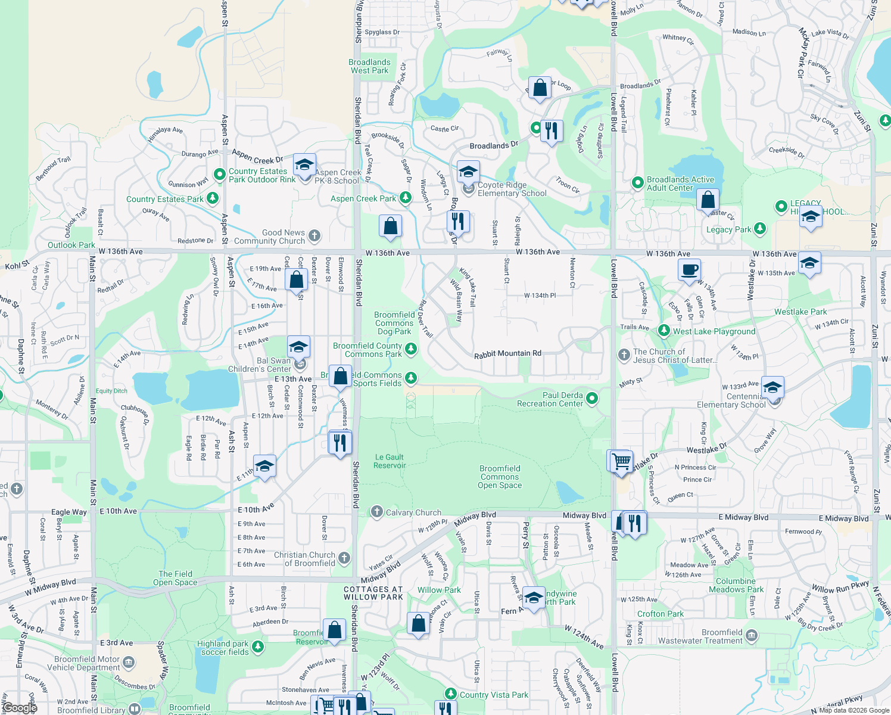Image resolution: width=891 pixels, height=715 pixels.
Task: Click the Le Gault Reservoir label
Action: (x=390, y=461)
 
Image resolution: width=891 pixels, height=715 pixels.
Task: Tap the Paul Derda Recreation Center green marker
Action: (x=591, y=398)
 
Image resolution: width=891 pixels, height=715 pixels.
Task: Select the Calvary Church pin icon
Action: (x=376, y=512)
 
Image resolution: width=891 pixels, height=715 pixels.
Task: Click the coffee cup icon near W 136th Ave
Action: (x=689, y=269)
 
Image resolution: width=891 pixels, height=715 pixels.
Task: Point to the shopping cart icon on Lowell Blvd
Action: (x=620, y=461)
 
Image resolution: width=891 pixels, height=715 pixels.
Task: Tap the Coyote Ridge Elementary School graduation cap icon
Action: (x=468, y=172)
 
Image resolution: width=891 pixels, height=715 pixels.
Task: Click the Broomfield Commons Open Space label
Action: (x=500, y=477)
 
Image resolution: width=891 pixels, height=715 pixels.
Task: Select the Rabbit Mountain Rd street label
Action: (x=507, y=353)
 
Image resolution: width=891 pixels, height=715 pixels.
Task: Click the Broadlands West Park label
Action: (x=369, y=66)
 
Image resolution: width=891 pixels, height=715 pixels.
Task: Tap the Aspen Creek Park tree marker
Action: (x=406, y=197)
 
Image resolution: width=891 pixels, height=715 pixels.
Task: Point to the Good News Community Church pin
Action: (x=314, y=236)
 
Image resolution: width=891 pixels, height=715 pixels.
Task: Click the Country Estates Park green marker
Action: (x=213, y=198)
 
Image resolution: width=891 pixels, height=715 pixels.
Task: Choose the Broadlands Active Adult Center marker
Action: (x=637, y=182)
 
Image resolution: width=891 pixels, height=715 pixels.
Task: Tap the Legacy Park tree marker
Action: (x=760, y=228)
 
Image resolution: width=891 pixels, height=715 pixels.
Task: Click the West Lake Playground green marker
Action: (x=664, y=330)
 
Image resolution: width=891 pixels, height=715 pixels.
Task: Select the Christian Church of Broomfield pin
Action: (x=344, y=558)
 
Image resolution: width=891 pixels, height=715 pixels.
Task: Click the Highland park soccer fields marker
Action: (x=257, y=646)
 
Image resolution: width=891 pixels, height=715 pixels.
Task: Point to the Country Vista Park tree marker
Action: (x=451, y=694)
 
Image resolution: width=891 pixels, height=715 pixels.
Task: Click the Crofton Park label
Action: (x=661, y=614)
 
